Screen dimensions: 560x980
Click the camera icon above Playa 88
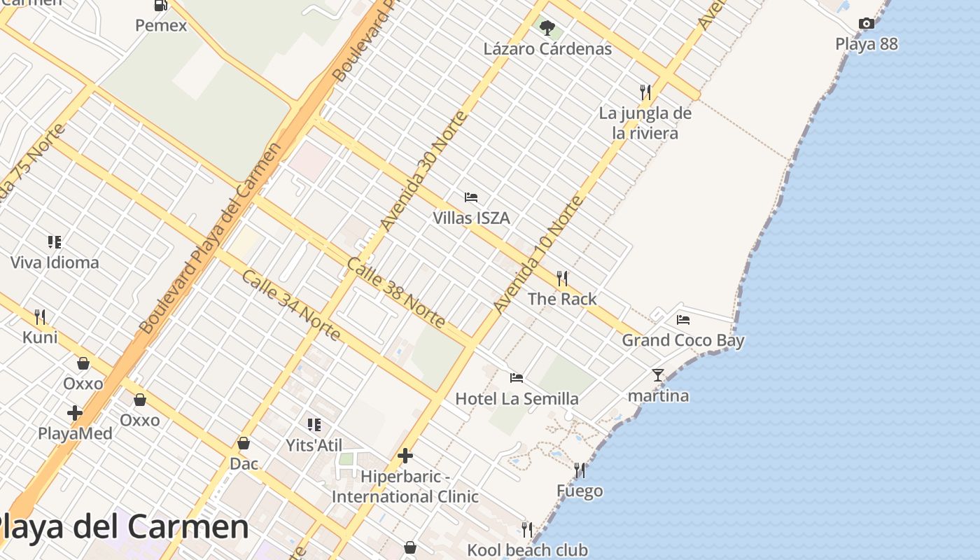[x=867, y=24]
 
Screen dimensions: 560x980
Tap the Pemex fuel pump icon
[x=161, y=6]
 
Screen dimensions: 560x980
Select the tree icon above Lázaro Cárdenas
[x=547, y=28]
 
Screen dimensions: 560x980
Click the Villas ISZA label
[x=471, y=218]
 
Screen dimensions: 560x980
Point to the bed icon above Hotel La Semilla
[x=517, y=378]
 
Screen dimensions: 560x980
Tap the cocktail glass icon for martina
[x=658, y=375]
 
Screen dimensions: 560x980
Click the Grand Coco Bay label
[x=683, y=341]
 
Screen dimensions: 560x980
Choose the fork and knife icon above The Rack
[x=562, y=279]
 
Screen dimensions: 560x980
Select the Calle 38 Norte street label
[x=396, y=293]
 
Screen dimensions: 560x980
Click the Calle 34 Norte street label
[x=291, y=305]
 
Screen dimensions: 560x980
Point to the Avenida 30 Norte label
[x=423, y=171]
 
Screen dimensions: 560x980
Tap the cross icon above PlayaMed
[x=75, y=413]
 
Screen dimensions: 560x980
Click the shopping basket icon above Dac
[x=244, y=443]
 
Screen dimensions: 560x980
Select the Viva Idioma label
[x=55, y=263]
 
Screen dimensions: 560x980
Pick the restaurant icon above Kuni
[x=40, y=317]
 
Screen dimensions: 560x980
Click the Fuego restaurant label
[x=580, y=491]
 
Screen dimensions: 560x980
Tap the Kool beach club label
[x=527, y=550]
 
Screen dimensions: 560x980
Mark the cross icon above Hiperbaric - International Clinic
[x=405, y=456]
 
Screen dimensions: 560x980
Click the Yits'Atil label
[x=314, y=445]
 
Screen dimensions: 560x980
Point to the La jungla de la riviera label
[x=645, y=123]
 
